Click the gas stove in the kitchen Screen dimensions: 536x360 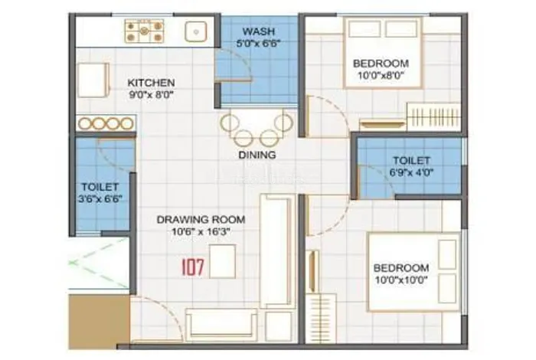tap(144, 31)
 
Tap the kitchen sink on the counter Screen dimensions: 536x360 tap(196, 32)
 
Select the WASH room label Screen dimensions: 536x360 tap(259, 31)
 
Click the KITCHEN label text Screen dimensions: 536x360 tap(151, 83)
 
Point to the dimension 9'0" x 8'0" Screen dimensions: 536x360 tap(151, 95)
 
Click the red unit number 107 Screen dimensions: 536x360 tap(193, 267)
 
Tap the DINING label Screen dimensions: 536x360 tap(257, 155)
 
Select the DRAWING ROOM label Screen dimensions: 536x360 tap(201, 220)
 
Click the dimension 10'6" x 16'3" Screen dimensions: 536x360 tap(201, 232)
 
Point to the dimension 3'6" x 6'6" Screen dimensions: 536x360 tap(100, 199)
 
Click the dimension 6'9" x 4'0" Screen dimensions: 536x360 tap(411, 172)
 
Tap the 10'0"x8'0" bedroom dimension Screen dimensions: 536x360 tap(381, 76)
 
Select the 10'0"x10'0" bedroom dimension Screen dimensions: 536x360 tap(401, 280)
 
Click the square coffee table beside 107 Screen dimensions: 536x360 tap(223, 261)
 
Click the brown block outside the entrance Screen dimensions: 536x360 tap(99, 322)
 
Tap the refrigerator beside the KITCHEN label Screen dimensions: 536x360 tap(93, 80)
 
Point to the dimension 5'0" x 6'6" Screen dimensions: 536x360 tap(259, 44)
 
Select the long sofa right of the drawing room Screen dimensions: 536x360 tap(277, 251)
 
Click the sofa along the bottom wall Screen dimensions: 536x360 tap(221, 325)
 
